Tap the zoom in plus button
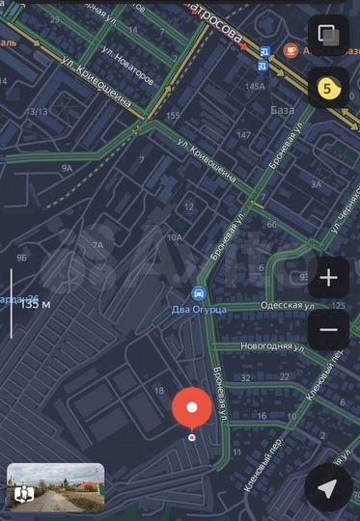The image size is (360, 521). (328, 279)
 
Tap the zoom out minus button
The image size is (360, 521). (328, 329)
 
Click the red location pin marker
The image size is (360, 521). (192, 408)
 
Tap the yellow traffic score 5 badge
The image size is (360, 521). (327, 88)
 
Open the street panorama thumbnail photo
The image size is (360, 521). (55, 487)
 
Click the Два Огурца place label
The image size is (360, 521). (200, 309)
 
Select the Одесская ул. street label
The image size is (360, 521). (288, 305)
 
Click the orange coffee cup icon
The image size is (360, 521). (291, 49)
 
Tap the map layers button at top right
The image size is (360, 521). (328, 36)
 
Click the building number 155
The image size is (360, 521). (173, 116)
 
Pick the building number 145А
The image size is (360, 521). (255, 87)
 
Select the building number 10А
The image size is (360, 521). (174, 237)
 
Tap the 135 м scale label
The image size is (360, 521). (37, 304)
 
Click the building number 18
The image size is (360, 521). (158, 390)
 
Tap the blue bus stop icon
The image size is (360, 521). (263, 60)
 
